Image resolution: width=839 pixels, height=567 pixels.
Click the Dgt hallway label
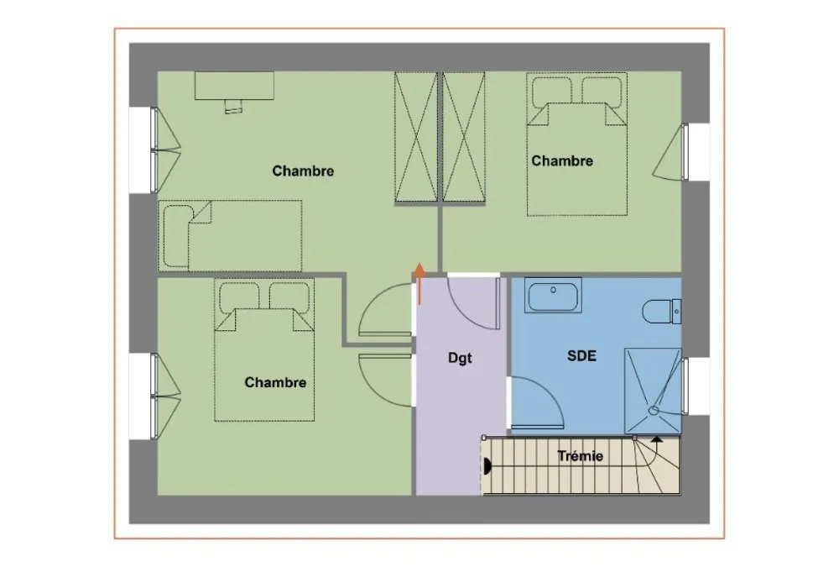pos(460,358)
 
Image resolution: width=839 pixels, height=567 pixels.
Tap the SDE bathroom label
pos(581,356)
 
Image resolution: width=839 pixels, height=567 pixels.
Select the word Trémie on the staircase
pos(580,456)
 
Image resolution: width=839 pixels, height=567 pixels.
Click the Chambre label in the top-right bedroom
pos(562,160)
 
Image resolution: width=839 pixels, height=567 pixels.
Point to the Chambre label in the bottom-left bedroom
pos(275,382)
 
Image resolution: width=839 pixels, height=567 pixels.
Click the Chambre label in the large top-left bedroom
pos(303,171)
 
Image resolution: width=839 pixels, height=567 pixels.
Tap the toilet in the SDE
pos(661,311)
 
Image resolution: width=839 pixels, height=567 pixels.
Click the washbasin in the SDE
pos(553,295)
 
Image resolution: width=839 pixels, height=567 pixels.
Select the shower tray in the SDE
pos(653,390)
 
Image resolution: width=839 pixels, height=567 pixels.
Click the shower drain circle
pos(653,411)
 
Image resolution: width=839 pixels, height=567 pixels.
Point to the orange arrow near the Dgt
pos(420,283)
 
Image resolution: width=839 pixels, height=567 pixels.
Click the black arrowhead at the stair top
pos(657,439)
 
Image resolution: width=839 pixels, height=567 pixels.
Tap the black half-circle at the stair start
pos(487,466)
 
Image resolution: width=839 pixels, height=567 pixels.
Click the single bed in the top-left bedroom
pos(230,236)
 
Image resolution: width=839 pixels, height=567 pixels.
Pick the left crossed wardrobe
pos(416,137)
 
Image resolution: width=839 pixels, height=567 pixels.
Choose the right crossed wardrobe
pos(464,137)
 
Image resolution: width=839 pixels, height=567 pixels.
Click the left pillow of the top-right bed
pos(552,92)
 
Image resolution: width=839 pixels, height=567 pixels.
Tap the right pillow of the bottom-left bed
pos(289,297)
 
